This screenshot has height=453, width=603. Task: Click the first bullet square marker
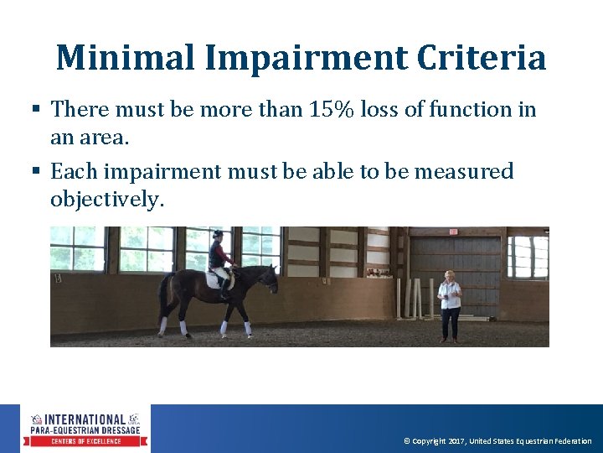click(x=36, y=110)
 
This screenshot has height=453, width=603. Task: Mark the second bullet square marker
click(x=36, y=172)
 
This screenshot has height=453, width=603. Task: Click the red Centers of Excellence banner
click(x=85, y=440)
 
